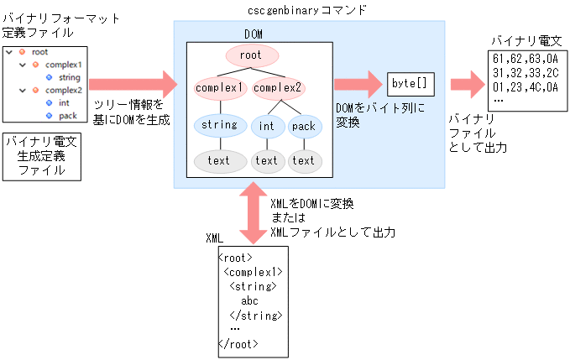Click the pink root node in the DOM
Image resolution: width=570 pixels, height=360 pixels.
tap(250, 55)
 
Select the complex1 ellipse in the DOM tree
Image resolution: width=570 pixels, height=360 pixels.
tap(219, 86)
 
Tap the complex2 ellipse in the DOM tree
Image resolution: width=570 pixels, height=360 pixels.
tap(278, 86)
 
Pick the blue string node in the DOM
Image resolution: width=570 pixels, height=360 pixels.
tap(219, 126)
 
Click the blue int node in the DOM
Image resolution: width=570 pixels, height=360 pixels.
tap(267, 126)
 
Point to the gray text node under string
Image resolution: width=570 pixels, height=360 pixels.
tap(219, 160)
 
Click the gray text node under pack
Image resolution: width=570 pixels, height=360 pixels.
tap(304, 160)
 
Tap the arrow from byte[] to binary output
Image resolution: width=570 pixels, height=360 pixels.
tap(462, 85)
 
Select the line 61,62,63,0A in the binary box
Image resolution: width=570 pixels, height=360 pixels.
tap(520, 59)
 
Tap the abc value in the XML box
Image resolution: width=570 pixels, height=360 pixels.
tap(250, 300)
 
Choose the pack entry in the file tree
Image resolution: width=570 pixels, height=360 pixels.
tap(68, 115)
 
